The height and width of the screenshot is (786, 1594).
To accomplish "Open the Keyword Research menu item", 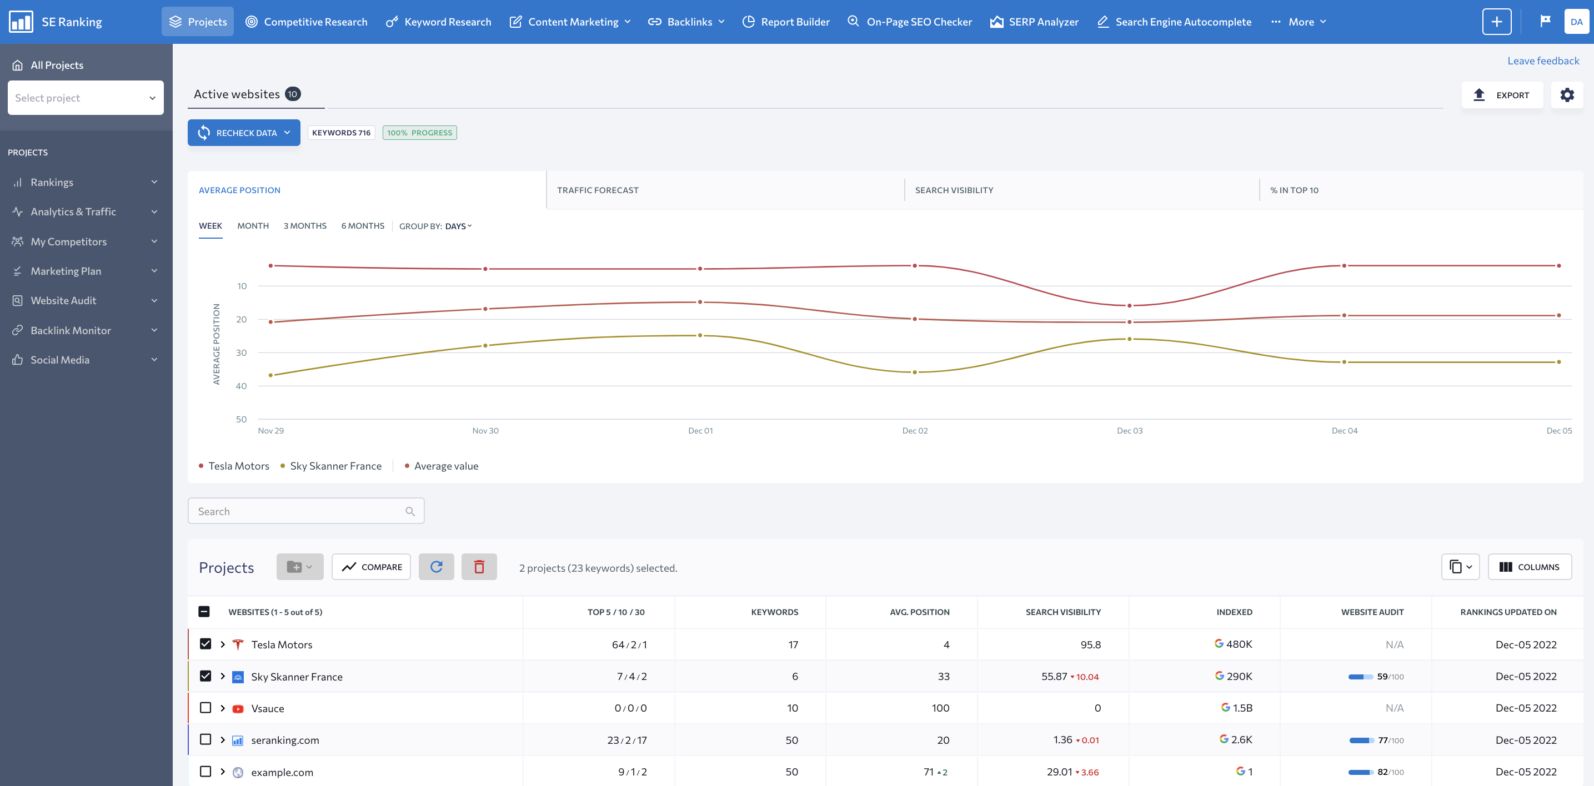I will point(439,22).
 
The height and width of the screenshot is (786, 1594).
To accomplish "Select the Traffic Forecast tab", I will point(597,190).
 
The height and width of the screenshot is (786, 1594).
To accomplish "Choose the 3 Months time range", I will point(304,226).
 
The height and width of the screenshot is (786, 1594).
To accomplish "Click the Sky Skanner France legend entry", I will point(335,466).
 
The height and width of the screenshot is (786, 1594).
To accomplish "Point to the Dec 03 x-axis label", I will point(1129,430).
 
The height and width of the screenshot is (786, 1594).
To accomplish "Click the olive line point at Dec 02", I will point(915,372).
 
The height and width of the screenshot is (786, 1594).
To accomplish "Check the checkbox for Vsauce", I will point(205,708).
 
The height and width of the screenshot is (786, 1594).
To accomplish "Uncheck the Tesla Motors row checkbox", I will point(205,644).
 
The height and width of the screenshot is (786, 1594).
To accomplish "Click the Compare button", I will point(371,567).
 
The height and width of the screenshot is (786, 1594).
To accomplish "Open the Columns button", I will point(1529,567).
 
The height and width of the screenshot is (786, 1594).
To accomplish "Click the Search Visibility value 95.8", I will point(1090,644).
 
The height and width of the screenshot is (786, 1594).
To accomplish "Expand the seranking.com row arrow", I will point(223,739).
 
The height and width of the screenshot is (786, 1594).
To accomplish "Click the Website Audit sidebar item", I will point(63,300).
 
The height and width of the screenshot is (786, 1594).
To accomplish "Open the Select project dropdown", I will point(86,98).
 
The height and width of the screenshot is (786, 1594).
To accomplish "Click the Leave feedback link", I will point(1543,61).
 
